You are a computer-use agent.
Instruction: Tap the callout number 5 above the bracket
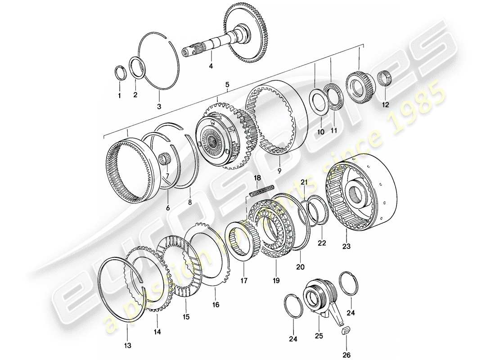pyautogui.click(x=227, y=84)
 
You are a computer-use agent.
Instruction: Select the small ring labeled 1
pyautogui.click(x=120, y=73)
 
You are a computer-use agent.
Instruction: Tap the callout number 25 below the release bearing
pyautogui.click(x=318, y=323)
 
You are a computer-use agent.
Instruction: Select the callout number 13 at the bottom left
pyautogui.click(x=127, y=345)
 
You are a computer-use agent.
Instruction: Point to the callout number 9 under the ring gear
pyautogui.click(x=279, y=170)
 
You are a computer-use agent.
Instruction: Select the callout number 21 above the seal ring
pyautogui.click(x=304, y=181)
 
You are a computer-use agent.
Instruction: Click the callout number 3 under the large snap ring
pyautogui.click(x=158, y=106)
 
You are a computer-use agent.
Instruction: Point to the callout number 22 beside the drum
pyautogui.click(x=321, y=243)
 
